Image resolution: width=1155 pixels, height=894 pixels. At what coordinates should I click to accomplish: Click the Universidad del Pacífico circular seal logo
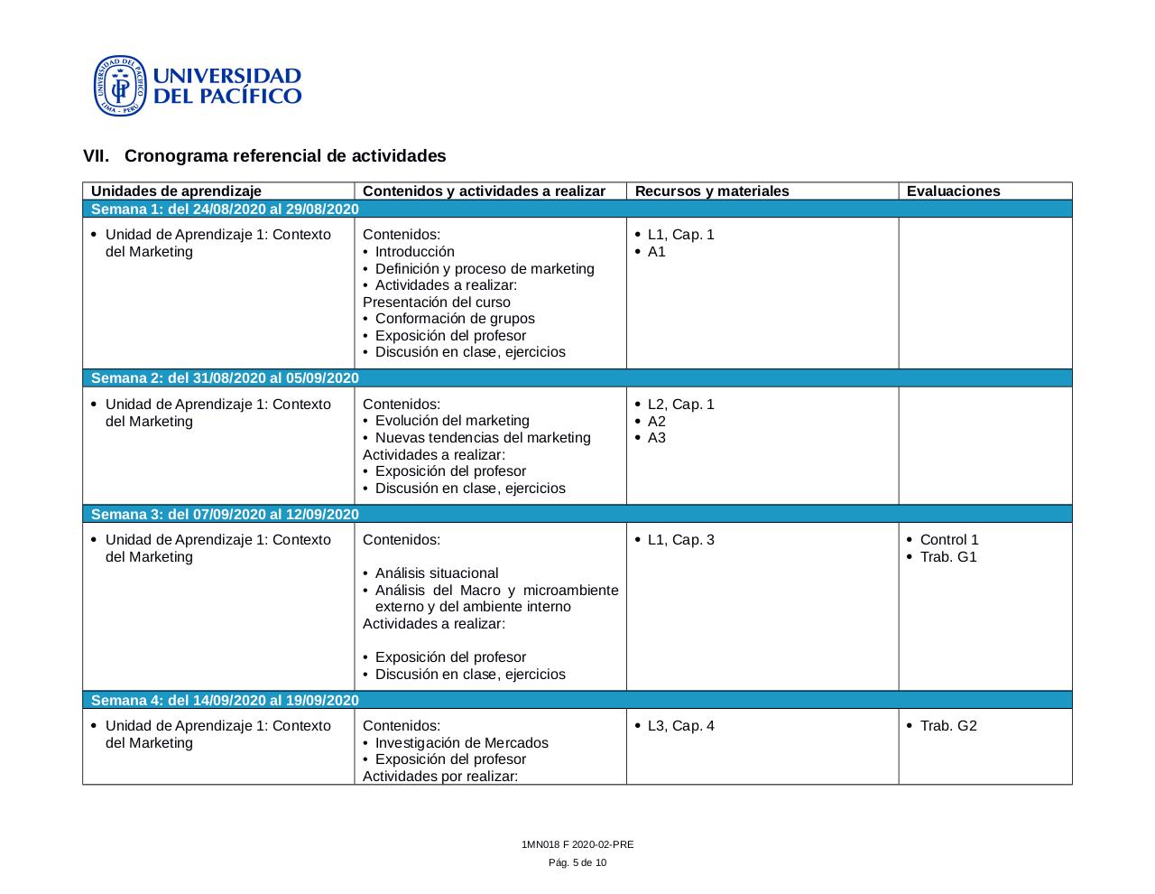pos(119,86)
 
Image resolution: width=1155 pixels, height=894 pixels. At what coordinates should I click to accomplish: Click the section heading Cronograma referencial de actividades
pos(285,156)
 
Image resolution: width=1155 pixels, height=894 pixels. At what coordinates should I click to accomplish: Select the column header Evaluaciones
pos(953,191)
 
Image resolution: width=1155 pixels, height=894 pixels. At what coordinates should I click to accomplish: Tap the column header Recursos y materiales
pos(712,191)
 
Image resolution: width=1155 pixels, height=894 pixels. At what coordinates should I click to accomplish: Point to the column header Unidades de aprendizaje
pos(176,191)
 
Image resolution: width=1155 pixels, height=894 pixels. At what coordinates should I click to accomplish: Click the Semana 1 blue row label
pos(225,210)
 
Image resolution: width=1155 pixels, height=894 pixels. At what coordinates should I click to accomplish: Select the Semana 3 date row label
pos(225,515)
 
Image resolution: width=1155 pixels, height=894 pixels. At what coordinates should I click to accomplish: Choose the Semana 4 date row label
pos(225,701)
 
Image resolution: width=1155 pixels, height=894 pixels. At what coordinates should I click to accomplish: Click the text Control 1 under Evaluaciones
pos(949,540)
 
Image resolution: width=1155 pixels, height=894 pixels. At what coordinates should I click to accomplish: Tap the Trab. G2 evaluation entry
pos(948,726)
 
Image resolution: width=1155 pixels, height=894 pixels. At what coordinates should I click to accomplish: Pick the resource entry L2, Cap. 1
pos(680,405)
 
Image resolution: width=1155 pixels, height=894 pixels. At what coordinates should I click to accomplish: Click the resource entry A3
pos(657,438)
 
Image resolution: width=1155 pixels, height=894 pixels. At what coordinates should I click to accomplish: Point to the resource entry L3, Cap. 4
pos(680,726)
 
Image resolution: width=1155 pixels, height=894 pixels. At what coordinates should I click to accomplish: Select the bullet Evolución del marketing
pos(452,421)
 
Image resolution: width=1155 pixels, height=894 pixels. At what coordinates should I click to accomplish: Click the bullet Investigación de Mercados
pos(461,743)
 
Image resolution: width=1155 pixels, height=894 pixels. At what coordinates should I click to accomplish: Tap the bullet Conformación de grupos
pos(455,319)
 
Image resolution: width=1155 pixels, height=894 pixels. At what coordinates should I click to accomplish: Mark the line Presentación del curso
pos(437,303)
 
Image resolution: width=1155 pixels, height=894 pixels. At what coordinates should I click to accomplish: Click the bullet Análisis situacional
pos(437,573)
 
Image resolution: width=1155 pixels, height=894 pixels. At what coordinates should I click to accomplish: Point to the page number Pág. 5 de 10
pos(577,863)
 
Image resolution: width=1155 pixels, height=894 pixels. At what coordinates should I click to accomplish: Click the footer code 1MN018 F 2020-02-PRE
pos(577,845)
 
